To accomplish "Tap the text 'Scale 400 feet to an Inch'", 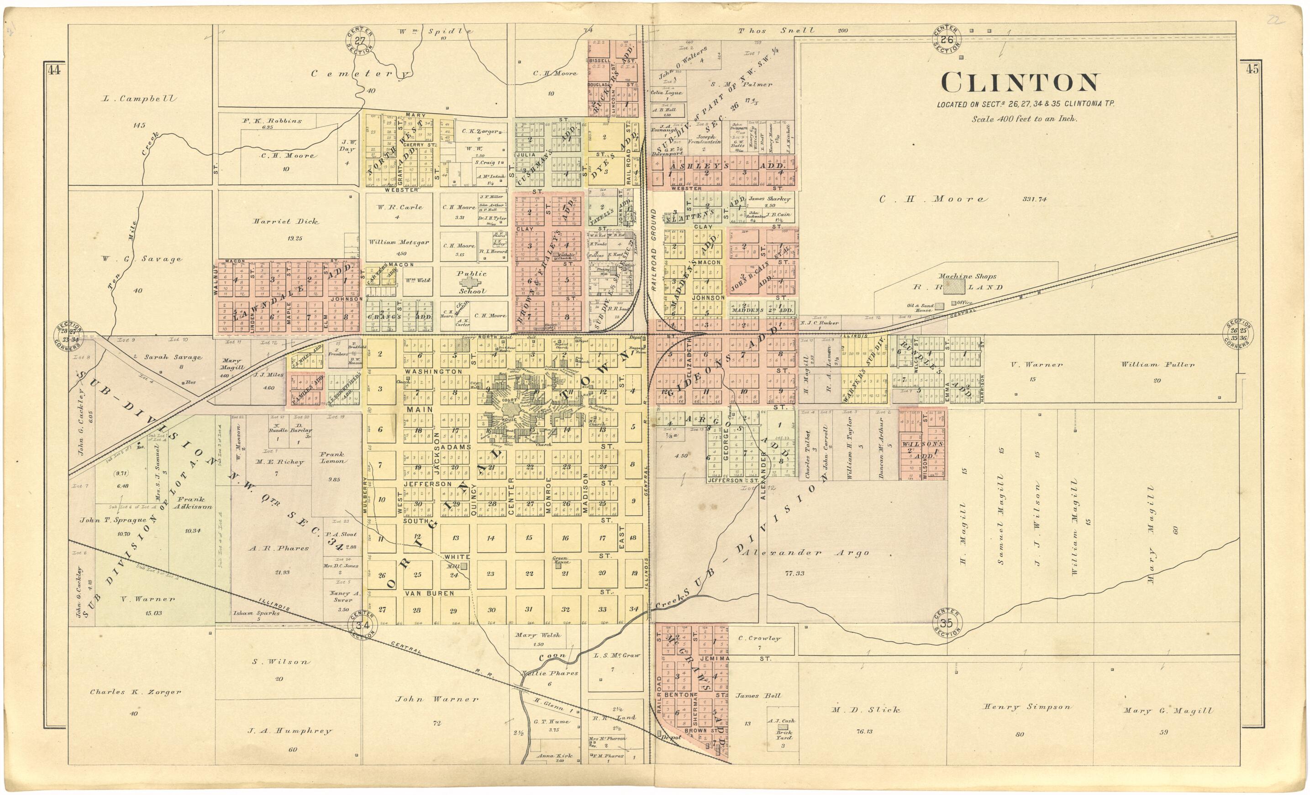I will click(x=1024, y=119).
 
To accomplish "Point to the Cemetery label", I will click(x=360, y=74).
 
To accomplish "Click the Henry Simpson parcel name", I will click(x=1026, y=707).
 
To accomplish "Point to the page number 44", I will click(x=53, y=70).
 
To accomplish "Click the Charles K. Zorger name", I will click(x=136, y=692).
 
